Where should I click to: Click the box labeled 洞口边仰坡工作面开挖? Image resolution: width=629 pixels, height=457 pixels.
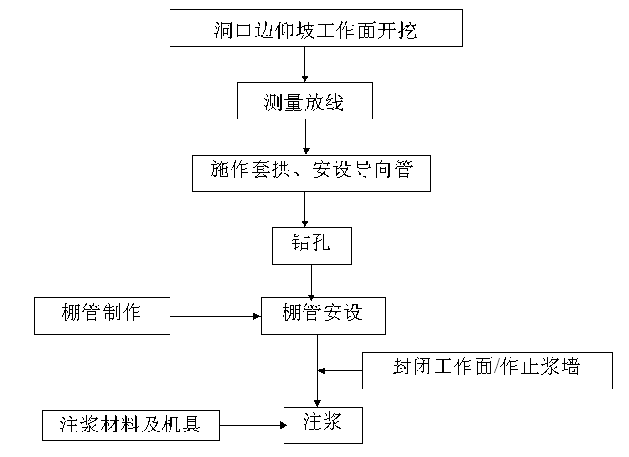point(316,28)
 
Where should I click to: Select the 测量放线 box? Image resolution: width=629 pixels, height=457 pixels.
point(304,101)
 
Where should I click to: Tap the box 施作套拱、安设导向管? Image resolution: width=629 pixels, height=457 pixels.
point(311,172)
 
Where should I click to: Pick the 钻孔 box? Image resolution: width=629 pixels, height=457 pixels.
point(311,244)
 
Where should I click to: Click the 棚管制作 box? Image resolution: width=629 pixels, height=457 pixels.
point(102,315)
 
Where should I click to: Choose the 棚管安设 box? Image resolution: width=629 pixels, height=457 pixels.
point(322,315)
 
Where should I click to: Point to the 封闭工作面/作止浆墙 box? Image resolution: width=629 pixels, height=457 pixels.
point(487,369)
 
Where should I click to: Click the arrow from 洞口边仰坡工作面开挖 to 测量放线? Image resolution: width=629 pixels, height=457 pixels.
point(305,64)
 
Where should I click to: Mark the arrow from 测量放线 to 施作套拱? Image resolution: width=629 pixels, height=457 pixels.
point(305,137)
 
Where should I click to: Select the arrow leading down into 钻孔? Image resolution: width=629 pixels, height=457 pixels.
point(305,209)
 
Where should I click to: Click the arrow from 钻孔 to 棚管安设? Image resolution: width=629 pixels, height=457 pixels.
point(312,280)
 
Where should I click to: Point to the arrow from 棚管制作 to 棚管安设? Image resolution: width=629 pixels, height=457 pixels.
point(215,316)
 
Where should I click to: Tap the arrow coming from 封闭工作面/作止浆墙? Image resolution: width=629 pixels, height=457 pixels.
point(339,370)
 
